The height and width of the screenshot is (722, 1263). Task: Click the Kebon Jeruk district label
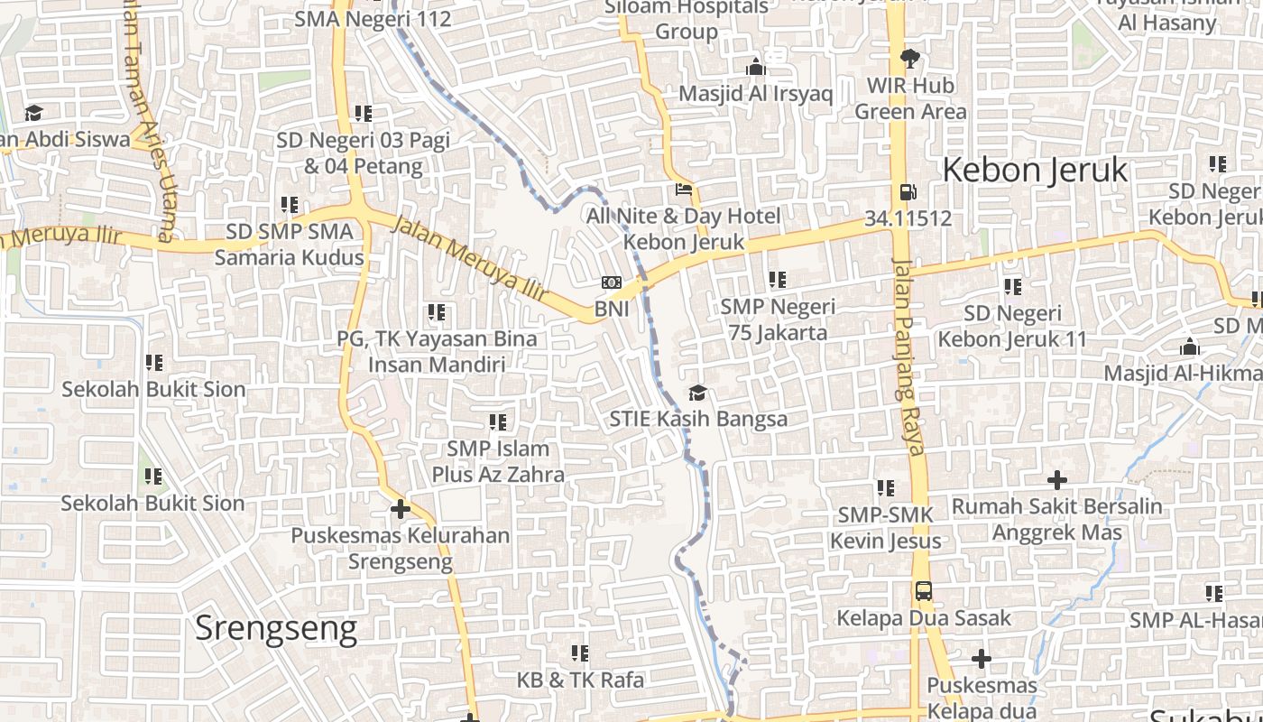coord(1035,170)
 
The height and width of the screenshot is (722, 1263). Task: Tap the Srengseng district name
coord(276,627)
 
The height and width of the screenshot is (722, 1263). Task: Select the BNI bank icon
coord(612,282)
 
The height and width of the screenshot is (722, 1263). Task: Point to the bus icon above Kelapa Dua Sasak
coord(923,592)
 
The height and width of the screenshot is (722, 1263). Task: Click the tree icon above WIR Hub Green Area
coord(910,60)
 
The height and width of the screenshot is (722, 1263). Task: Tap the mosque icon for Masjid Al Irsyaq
coord(756,67)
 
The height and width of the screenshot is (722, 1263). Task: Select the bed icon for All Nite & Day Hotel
coord(684,190)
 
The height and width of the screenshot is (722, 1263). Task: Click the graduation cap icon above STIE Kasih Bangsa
coord(697,393)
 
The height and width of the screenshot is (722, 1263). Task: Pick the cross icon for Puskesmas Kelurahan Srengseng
coord(401,509)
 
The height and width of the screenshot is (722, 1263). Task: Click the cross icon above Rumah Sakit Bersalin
coord(1056,480)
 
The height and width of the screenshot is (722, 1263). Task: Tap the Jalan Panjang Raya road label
coord(908,356)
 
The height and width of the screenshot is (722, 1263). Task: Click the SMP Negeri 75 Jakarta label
coord(778,319)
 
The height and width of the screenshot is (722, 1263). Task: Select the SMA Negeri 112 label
coord(373,18)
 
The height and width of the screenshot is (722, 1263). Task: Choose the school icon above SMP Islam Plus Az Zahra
coord(497,421)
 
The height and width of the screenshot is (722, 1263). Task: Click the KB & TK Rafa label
coord(580,680)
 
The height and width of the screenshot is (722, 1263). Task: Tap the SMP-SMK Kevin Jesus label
coord(885,528)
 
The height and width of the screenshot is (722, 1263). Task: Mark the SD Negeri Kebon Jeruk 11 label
coord(1012,327)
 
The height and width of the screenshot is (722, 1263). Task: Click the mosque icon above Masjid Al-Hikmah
coord(1189,347)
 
